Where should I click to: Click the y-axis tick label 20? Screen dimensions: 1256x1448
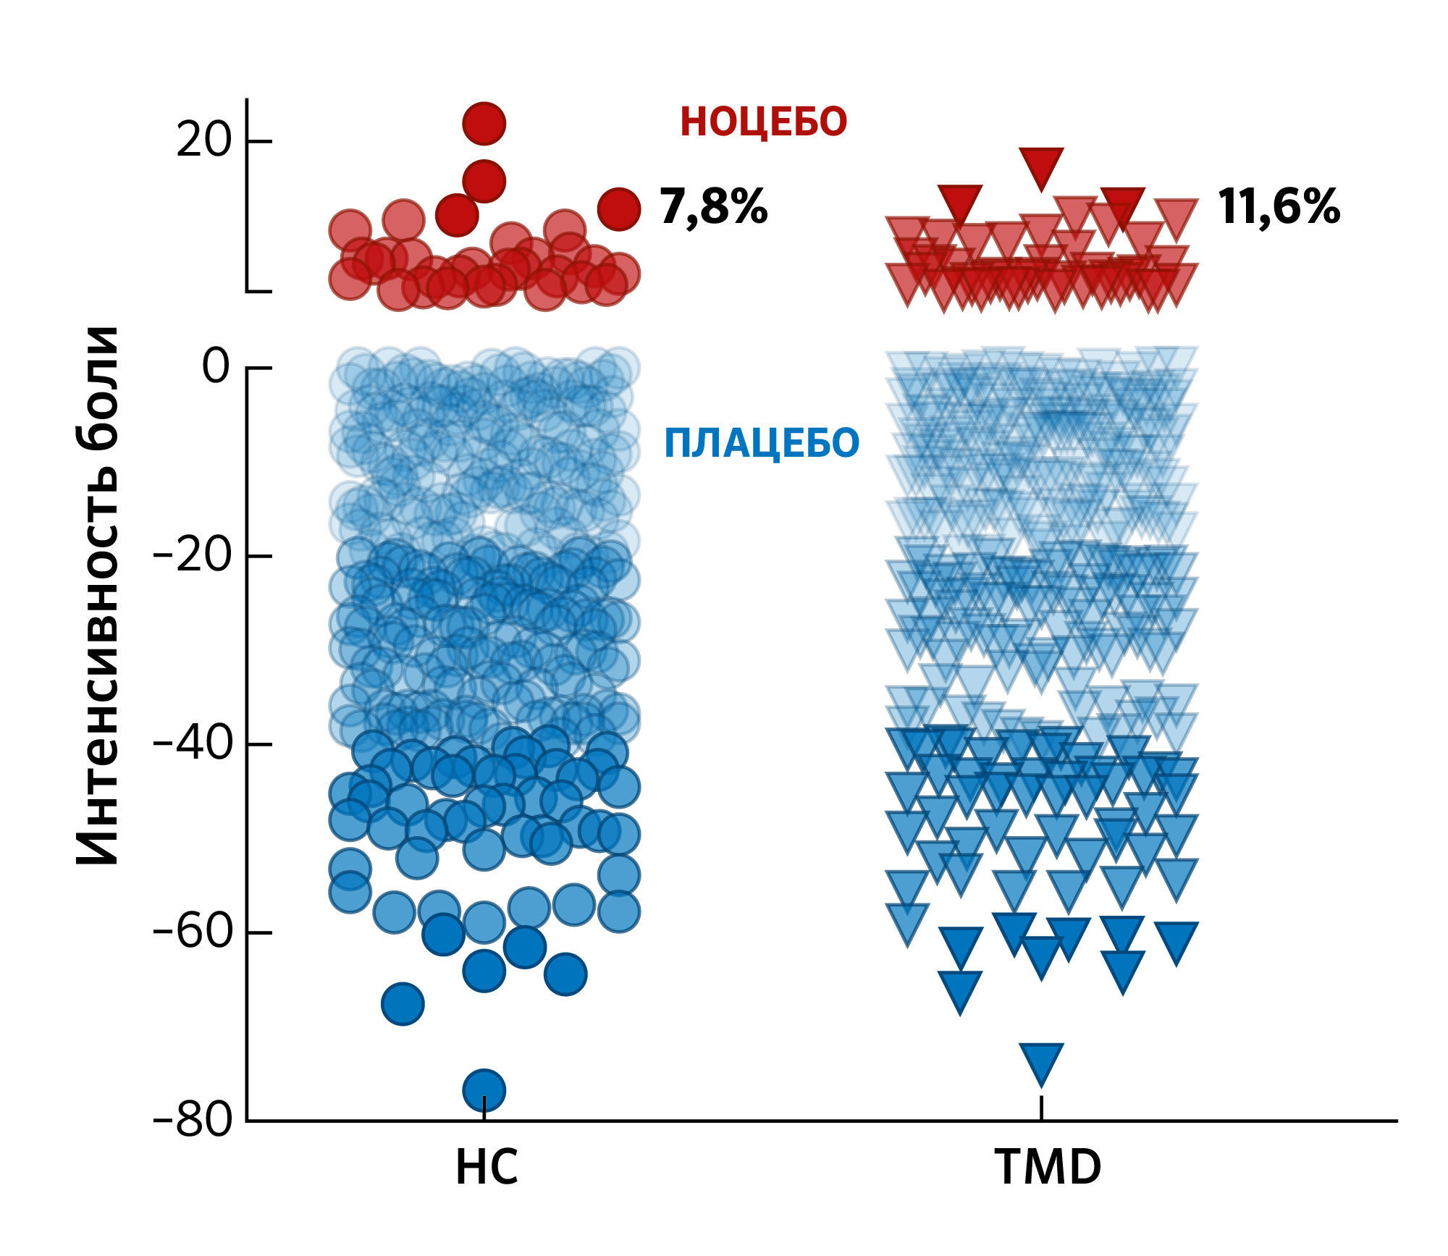click(203, 141)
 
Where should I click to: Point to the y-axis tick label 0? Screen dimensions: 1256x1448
click(216, 367)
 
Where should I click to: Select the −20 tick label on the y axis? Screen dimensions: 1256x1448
click(192, 556)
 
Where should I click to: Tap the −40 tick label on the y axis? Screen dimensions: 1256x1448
click(192, 744)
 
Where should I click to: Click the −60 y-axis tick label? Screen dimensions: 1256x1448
click(192, 932)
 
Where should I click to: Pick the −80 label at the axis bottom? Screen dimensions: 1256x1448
click(192, 1121)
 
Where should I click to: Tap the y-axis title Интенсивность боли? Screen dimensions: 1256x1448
click(98, 595)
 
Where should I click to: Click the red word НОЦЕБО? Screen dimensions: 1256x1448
click(763, 122)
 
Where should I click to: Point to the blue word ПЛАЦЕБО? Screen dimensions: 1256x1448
click(761, 443)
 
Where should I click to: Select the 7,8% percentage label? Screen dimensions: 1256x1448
click(713, 207)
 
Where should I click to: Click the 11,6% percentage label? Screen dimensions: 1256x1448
click(1279, 207)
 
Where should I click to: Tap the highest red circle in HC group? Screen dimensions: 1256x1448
click(484, 123)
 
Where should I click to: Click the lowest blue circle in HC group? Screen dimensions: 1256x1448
click(484, 1089)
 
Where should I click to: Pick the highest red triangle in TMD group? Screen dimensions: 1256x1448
click(1041, 164)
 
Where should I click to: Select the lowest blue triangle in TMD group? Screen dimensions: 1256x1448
click(1041, 1061)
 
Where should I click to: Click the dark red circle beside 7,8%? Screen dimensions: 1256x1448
click(618, 209)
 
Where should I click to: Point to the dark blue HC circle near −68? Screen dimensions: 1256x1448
click(403, 1003)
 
